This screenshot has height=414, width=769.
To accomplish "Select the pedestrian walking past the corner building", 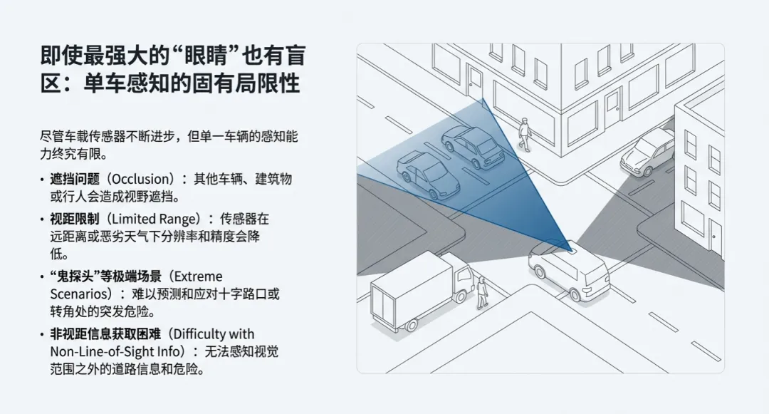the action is pos(525,134).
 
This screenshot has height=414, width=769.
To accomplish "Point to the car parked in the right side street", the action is pos(647,152).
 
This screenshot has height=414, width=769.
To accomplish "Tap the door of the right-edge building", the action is pos(714,239).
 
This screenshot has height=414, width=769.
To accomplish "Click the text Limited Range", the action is pos(155,219).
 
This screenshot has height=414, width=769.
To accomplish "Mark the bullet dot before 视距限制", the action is pos(43,220).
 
